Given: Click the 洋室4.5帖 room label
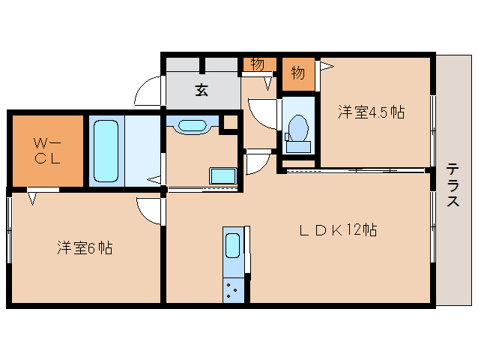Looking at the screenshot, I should pyautogui.click(x=371, y=112).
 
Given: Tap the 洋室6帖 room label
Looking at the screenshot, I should pyautogui.click(x=84, y=247).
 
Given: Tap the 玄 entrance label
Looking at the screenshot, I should pyautogui.click(x=202, y=90).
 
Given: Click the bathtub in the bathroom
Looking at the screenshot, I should pyautogui.click(x=106, y=150).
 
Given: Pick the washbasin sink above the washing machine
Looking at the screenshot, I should pyautogui.click(x=193, y=126).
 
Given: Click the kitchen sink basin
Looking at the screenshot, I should pyautogui.click(x=233, y=245).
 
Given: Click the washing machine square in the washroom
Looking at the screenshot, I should pyautogui.click(x=223, y=175).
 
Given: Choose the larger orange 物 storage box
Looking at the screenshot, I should pyautogui.click(x=297, y=73).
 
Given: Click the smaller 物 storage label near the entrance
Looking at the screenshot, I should pyautogui.click(x=257, y=64).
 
